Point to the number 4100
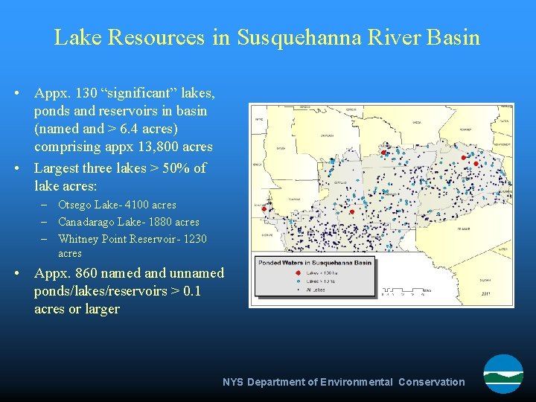point(135,205)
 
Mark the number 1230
point(194,239)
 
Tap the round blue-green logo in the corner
point(503,374)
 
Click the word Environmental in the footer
point(357,382)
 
